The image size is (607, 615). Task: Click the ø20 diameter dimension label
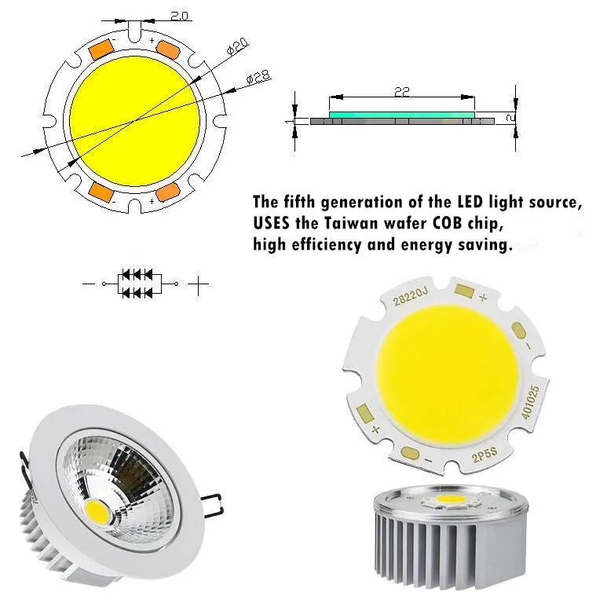coord(238,46)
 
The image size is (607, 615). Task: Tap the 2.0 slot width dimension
coord(179,16)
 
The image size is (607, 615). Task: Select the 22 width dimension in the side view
coord(402,92)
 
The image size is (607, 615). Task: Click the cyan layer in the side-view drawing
coord(401,115)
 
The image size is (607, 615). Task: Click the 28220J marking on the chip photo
coord(410,296)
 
